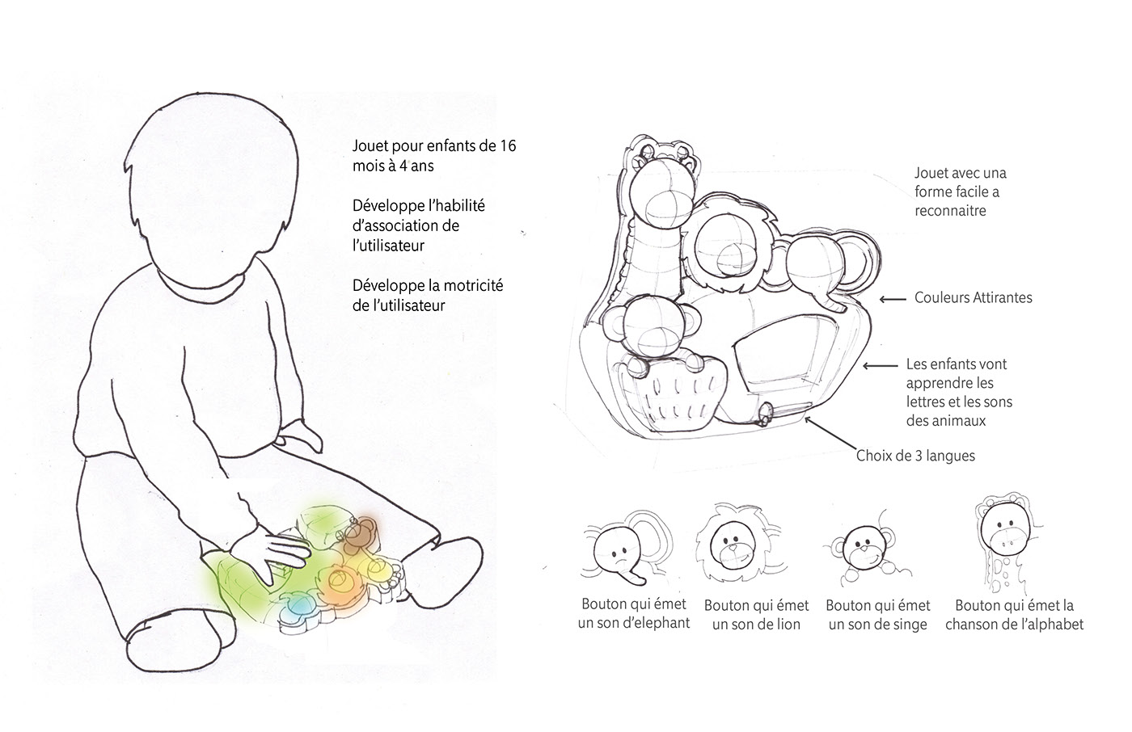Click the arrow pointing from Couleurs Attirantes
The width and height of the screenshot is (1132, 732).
(x=893, y=299)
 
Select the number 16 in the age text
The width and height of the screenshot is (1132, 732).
(x=507, y=146)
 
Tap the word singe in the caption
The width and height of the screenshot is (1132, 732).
(x=908, y=624)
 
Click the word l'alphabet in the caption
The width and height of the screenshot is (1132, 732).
(x=1046, y=624)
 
